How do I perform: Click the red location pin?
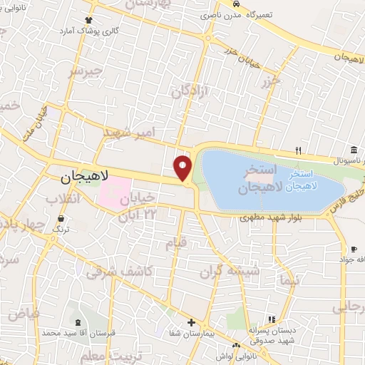183,168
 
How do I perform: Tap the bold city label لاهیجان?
79,175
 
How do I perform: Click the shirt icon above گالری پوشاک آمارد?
88,20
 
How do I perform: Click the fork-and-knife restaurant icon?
299,150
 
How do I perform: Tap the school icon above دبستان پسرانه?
270,320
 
